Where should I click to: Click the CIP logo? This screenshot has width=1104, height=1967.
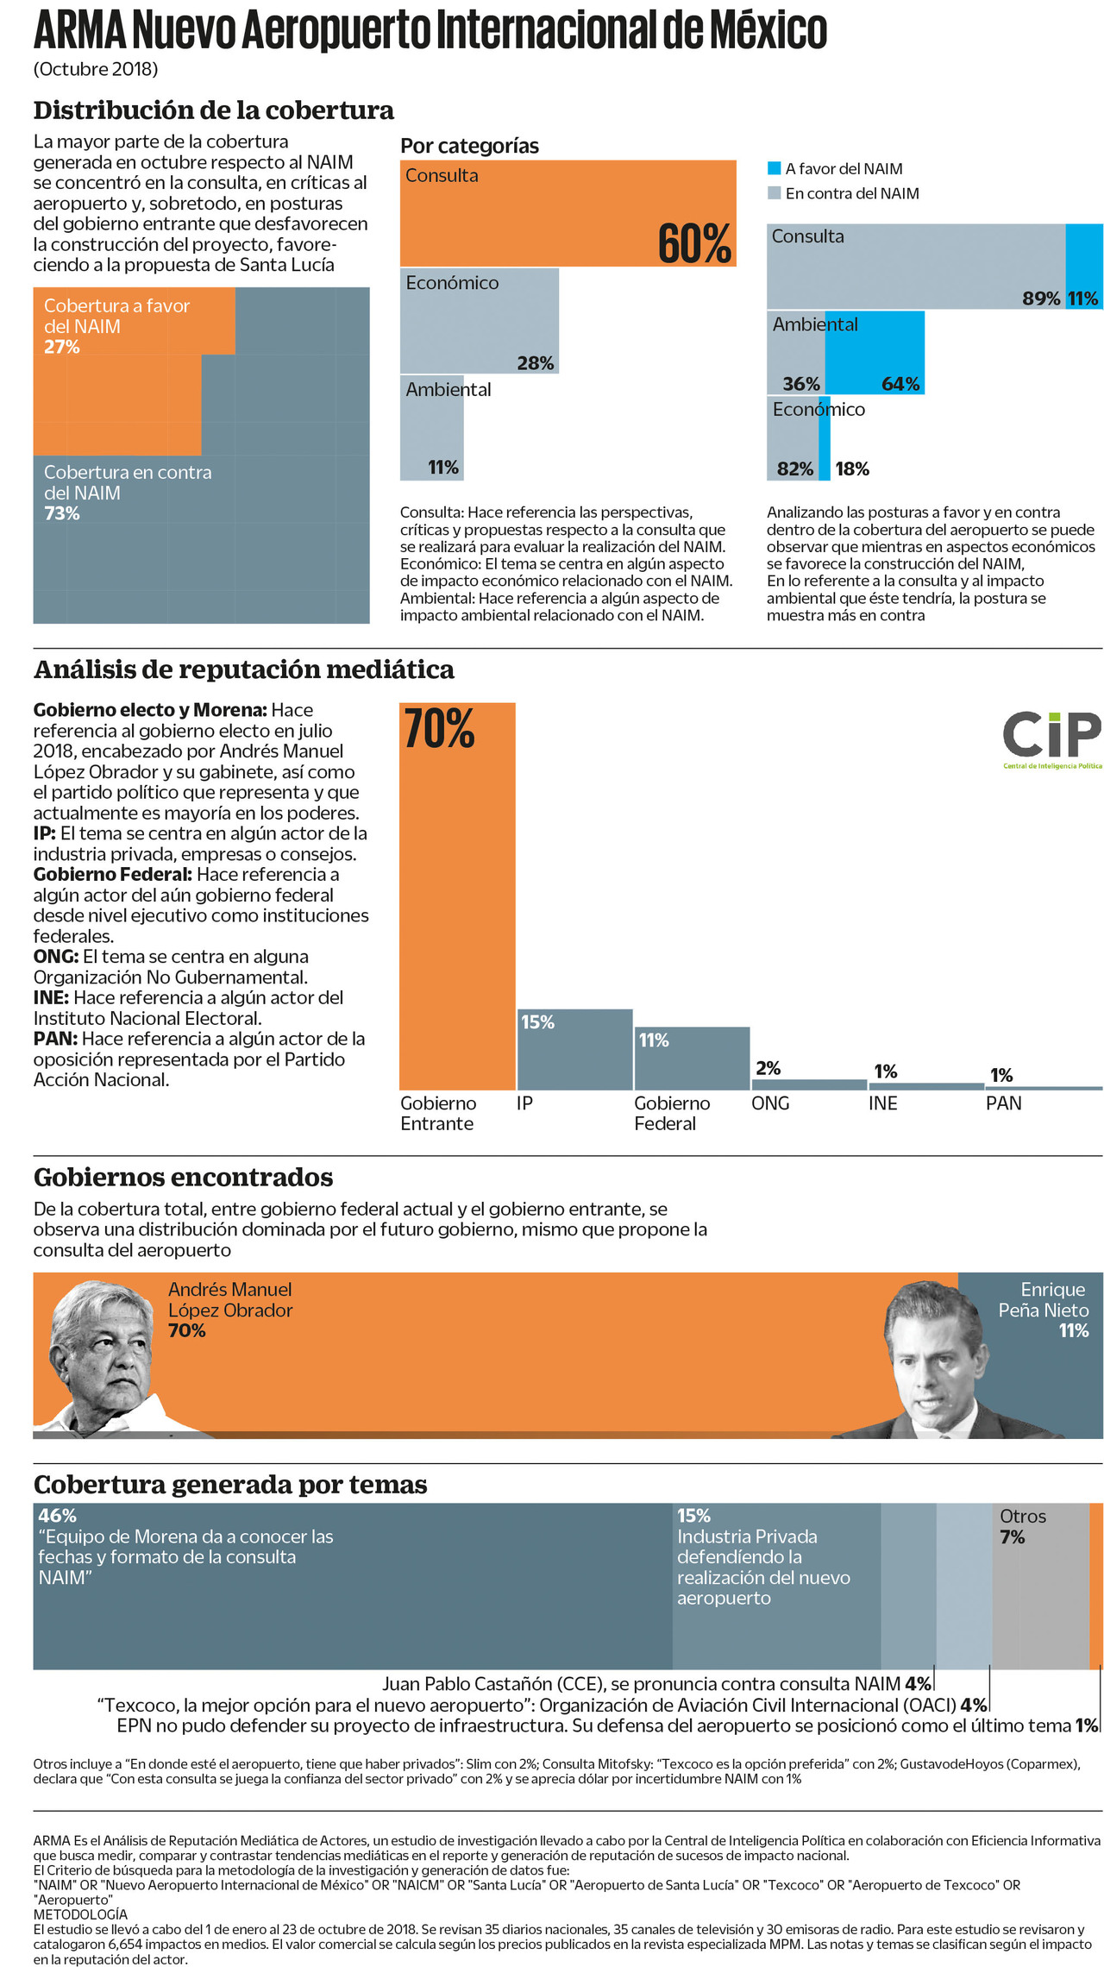pos(1051,738)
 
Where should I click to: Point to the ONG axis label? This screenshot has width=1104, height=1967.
pos(770,1103)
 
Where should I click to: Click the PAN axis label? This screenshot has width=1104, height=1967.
pos(1003,1103)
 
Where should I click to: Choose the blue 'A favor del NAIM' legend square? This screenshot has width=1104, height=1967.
pos(775,168)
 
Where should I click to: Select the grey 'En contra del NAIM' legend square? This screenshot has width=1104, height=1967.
pos(775,193)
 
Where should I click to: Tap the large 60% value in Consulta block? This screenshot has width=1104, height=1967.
pos(694,243)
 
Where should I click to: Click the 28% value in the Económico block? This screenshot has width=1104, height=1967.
pos(536,363)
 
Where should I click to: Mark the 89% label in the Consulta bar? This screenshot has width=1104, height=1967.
pos(1041,299)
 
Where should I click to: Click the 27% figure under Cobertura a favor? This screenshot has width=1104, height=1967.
pos(62,347)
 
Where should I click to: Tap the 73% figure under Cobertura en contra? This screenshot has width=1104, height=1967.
pos(62,513)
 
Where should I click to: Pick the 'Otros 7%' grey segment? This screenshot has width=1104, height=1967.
pos(1039,1587)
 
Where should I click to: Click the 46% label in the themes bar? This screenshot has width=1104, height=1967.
pos(57,1516)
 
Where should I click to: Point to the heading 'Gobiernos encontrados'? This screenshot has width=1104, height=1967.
pos(183,1178)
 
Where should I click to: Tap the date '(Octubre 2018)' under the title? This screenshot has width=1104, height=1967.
pos(96,69)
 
